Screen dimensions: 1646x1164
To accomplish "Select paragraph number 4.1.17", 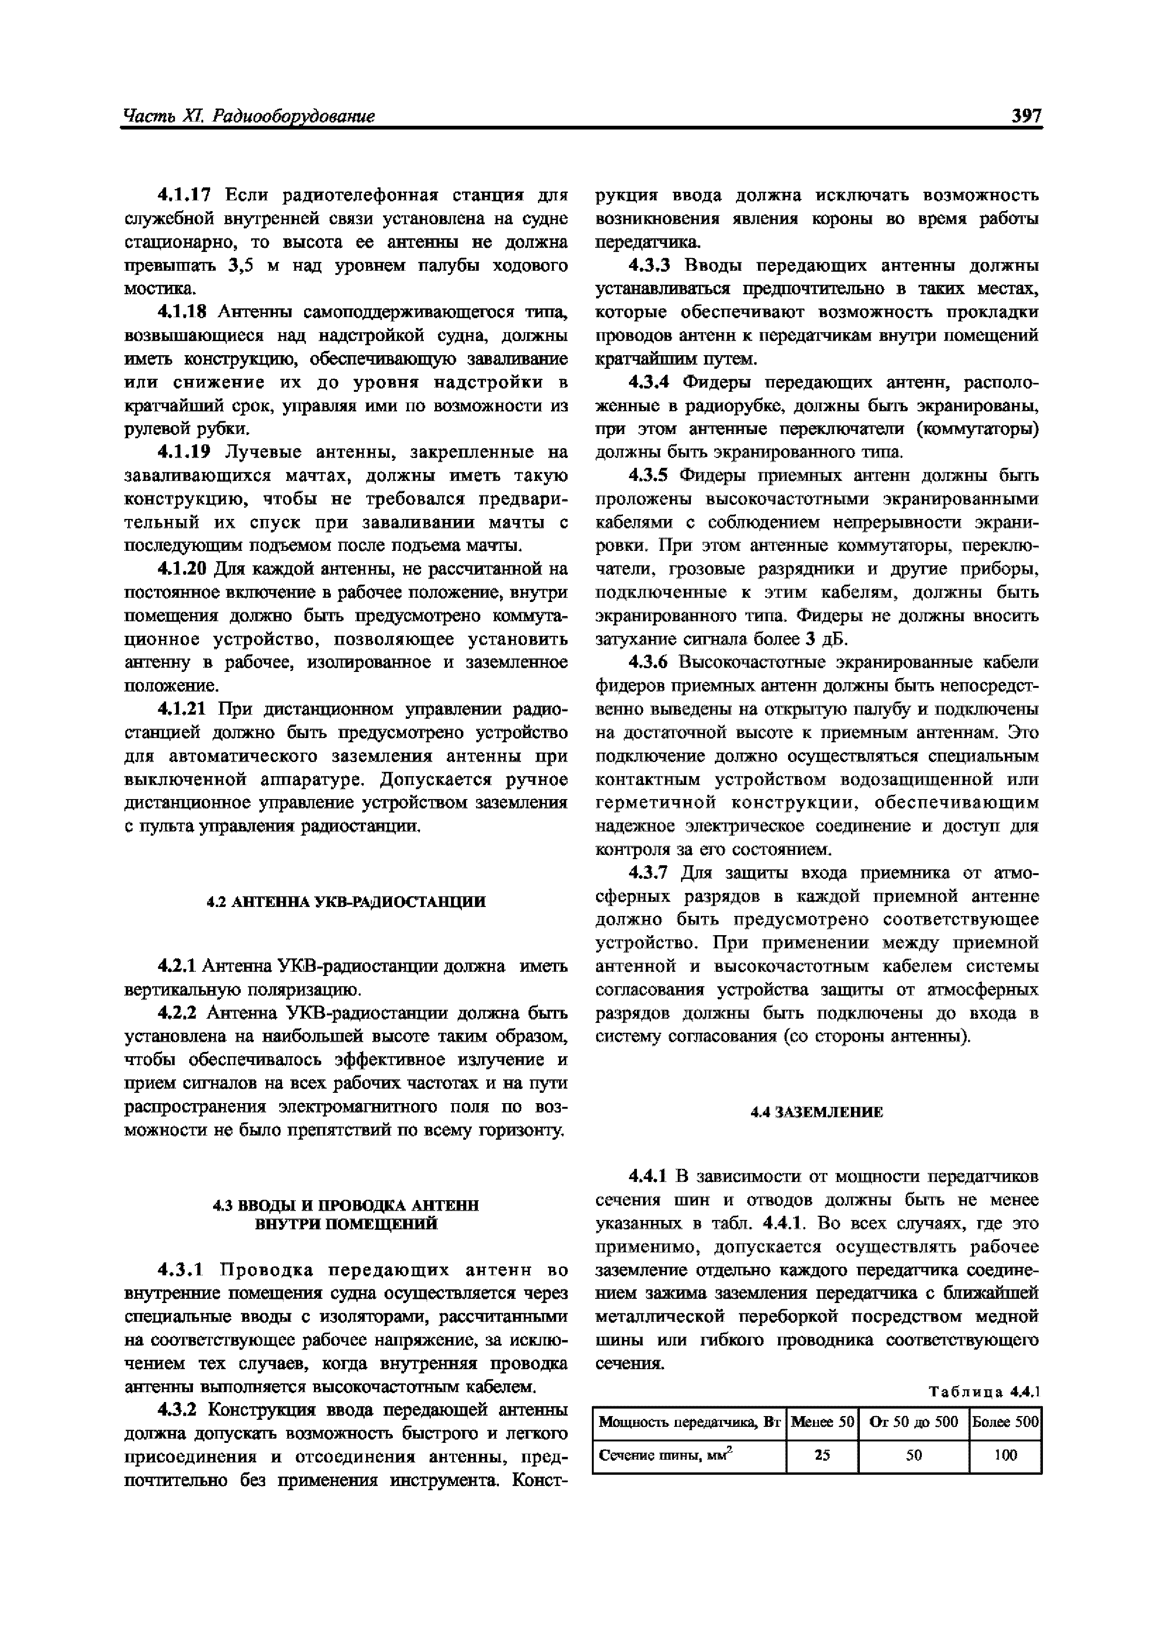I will point(184,195).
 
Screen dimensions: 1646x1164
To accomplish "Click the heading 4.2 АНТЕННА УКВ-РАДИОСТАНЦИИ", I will point(346,902).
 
